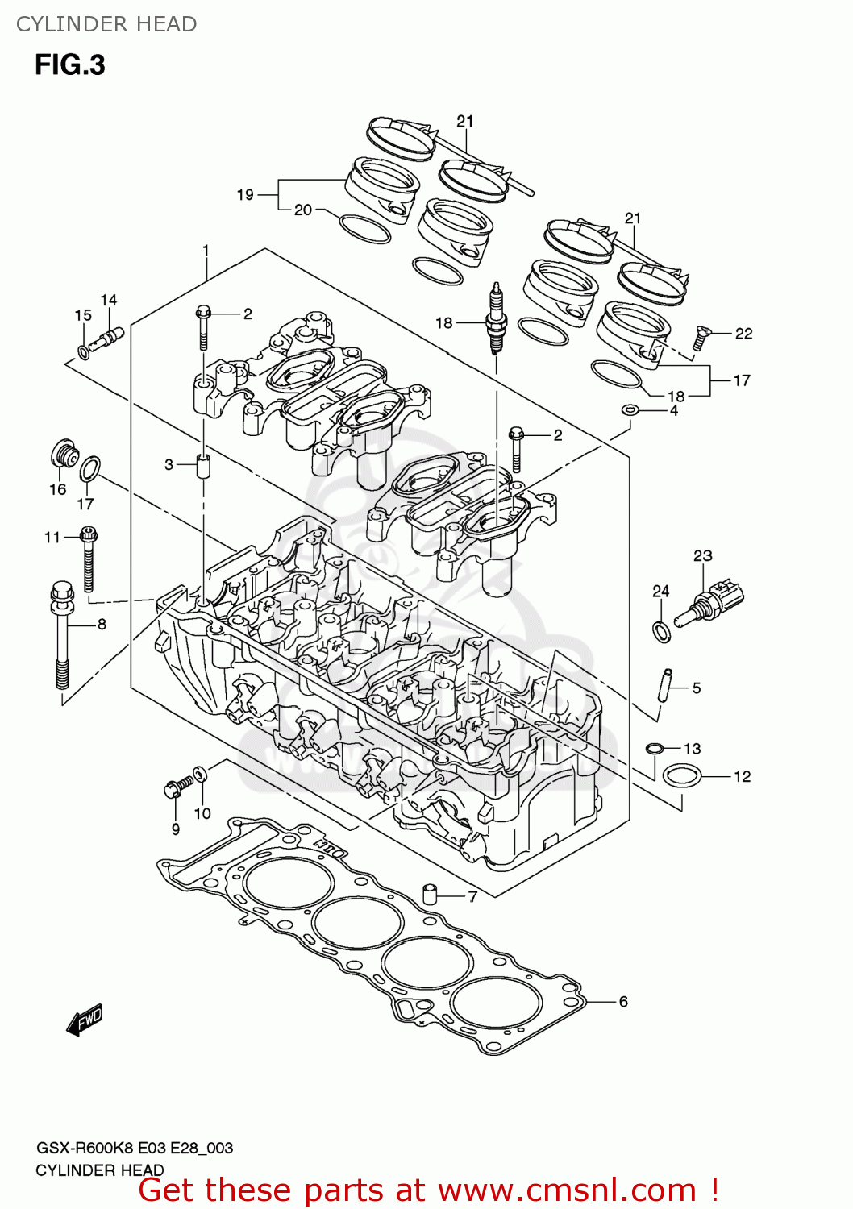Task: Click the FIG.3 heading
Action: (x=69, y=64)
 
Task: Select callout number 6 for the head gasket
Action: (x=623, y=1001)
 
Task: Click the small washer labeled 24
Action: (x=661, y=631)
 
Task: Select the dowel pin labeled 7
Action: (x=431, y=893)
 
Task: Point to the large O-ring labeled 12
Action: (x=681, y=776)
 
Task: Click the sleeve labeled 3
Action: (x=203, y=466)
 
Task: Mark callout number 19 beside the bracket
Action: (x=245, y=194)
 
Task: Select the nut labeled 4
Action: (x=630, y=410)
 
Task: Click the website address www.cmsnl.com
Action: (x=568, y=1190)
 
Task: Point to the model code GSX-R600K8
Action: (x=85, y=1148)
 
